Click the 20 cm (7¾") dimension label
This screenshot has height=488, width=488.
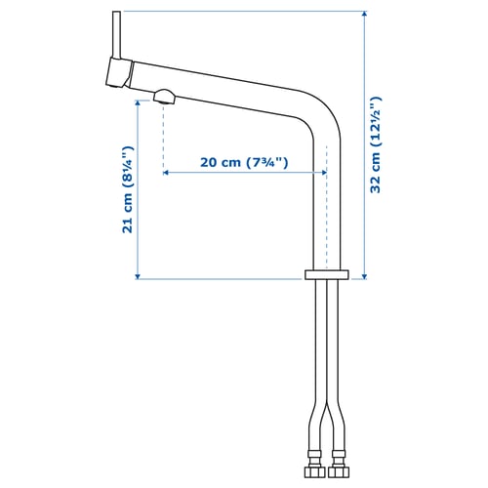coord(244,162)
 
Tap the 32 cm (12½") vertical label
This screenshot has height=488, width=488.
coord(377,144)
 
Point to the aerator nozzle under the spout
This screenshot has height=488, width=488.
coord(164,95)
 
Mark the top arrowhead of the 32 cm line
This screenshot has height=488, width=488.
coord(362,15)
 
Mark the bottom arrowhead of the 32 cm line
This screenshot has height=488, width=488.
coord(362,276)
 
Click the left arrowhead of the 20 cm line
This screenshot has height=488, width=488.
coord(167,173)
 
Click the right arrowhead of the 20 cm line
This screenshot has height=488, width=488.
coord(322,173)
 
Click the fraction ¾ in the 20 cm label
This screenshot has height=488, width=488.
coord(272,162)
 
